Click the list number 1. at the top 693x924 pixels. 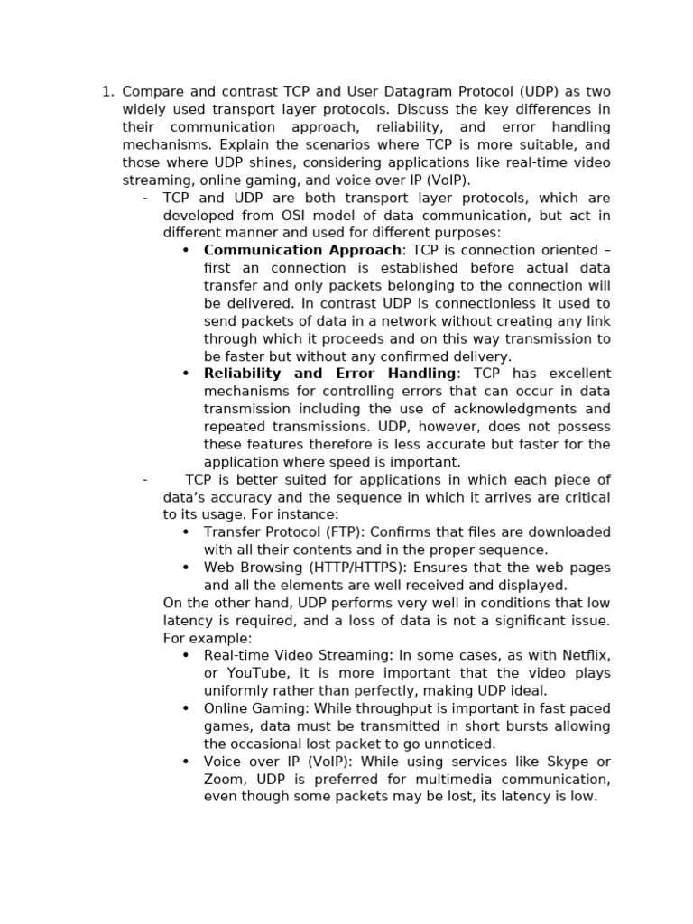107,92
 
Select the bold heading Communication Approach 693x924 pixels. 302,251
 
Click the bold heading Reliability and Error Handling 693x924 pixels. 330,374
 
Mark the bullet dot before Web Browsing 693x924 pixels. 186,568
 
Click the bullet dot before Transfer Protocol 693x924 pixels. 186,532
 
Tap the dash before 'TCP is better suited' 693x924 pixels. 144,480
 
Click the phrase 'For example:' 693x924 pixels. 195,639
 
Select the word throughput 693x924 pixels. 383,709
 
